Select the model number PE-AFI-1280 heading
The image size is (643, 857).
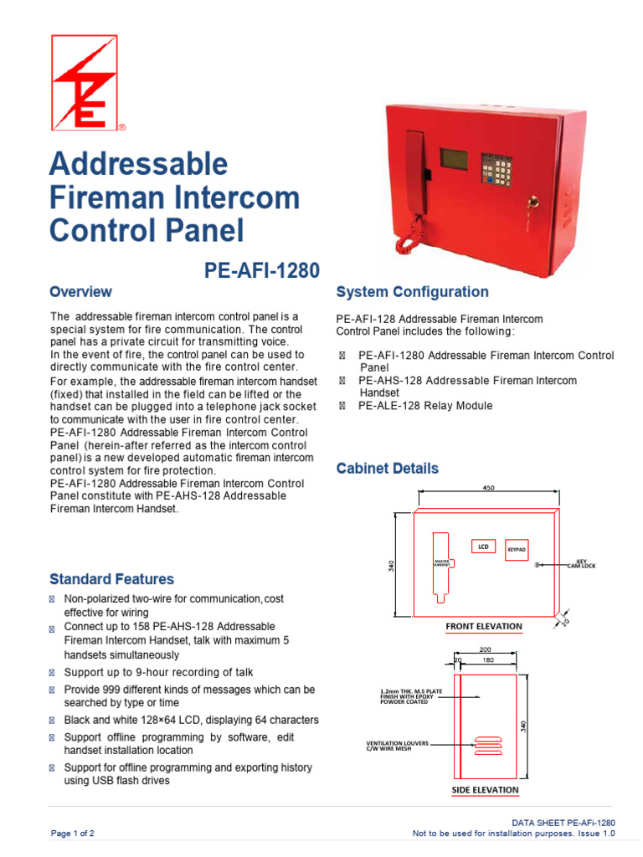click(x=262, y=270)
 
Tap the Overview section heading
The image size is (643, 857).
click(x=80, y=292)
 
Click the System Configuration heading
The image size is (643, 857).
click(x=412, y=292)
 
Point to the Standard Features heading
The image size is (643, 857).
click(x=111, y=579)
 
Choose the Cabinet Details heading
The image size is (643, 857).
click(x=387, y=469)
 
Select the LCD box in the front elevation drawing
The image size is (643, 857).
click(x=482, y=547)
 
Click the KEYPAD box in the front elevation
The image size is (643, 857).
click(x=517, y=550)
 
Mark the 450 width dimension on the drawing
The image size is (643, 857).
click(x=488, y=487)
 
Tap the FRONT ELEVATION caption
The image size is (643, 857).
click(x=484, y=626)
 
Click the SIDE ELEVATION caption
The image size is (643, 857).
click(x=485, y=789)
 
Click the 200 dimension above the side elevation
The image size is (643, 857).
click(x=485, y=649)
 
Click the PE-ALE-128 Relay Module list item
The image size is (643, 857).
click(x=424, y=406)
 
